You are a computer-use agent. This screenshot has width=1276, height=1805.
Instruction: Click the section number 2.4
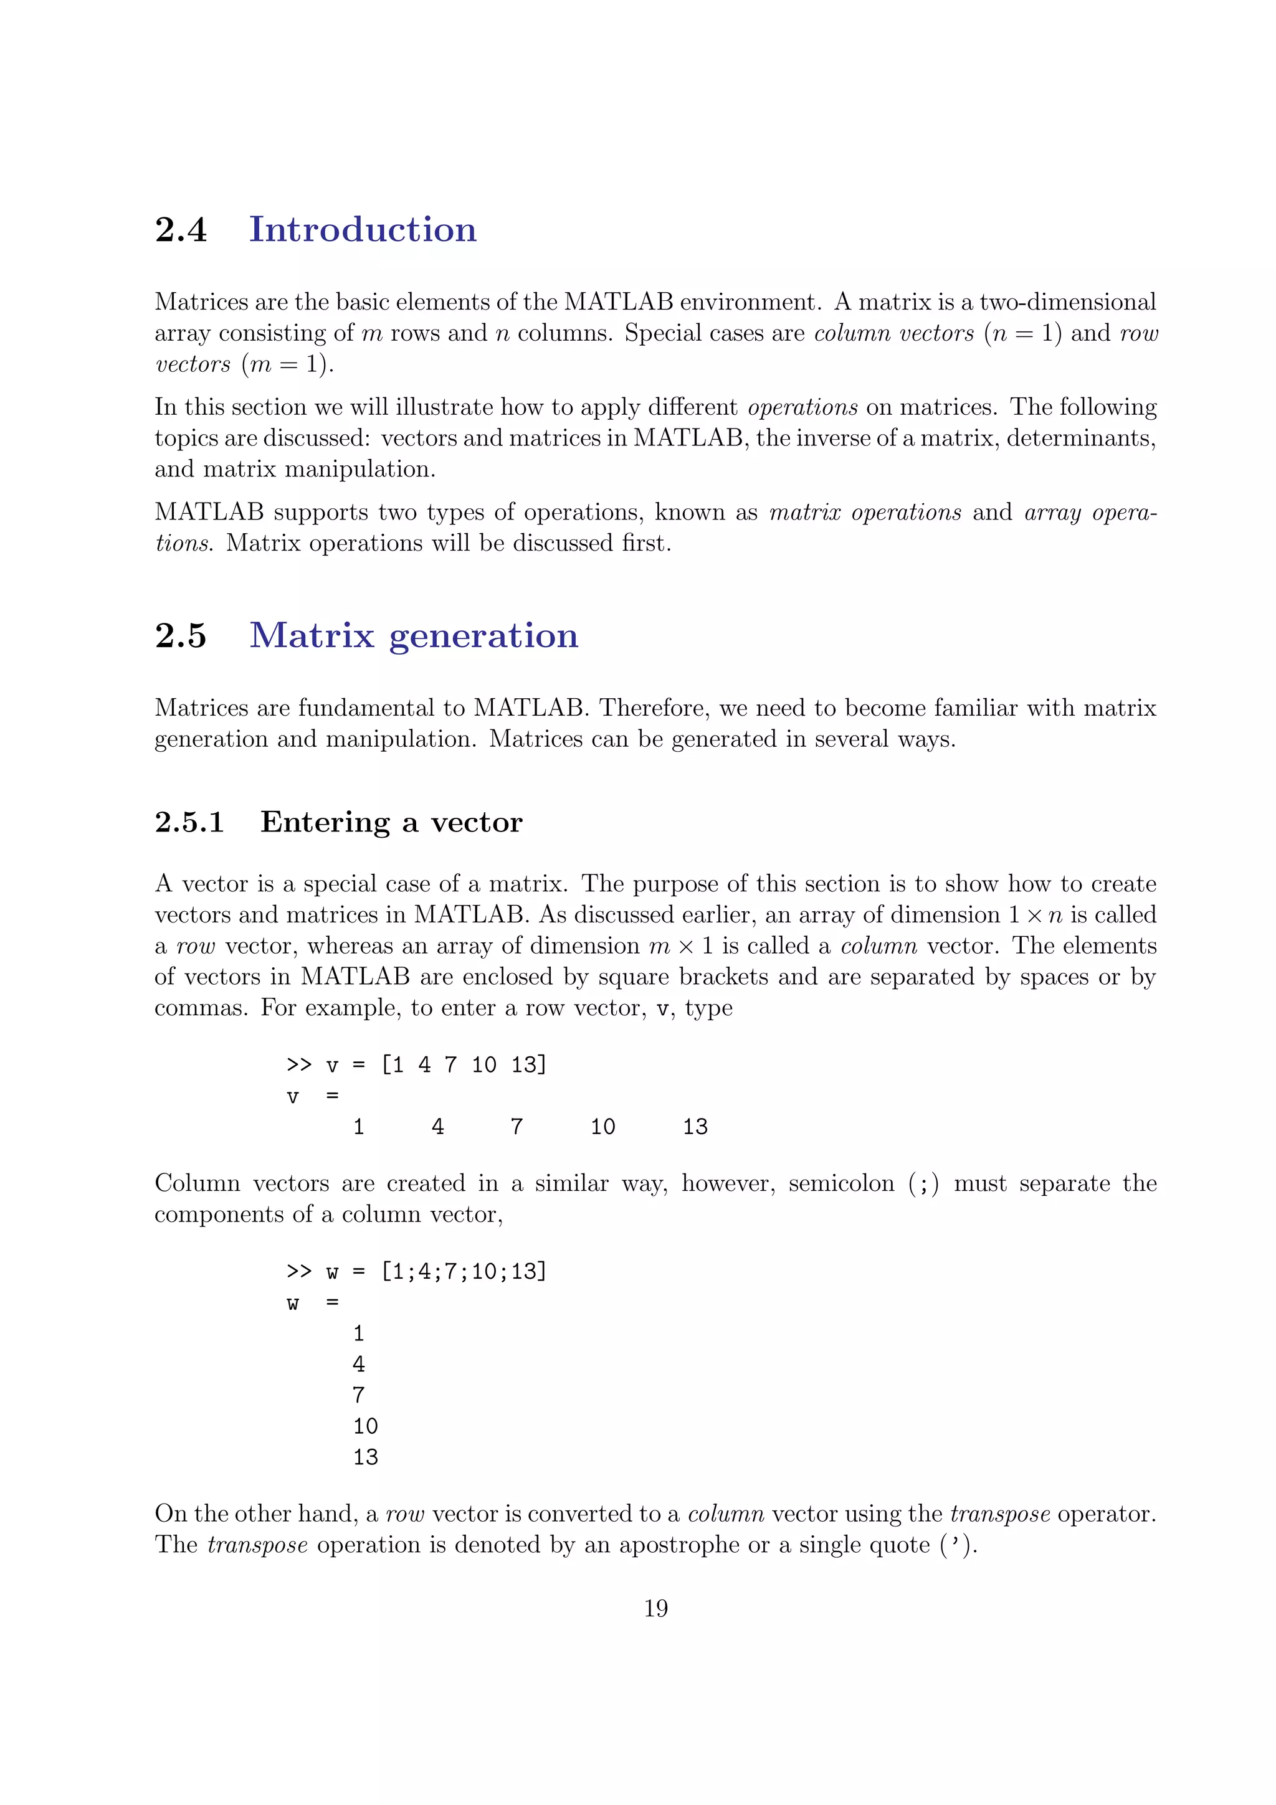[180, 230]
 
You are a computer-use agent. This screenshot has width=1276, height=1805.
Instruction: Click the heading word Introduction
[363, 230]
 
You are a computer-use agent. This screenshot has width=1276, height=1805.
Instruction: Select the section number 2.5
[180, 635]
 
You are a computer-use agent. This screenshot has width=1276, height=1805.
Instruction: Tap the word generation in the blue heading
[483, 637]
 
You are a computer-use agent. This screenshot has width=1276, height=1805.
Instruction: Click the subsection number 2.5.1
[189, 822]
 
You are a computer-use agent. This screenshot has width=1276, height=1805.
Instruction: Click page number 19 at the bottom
[655, 1608]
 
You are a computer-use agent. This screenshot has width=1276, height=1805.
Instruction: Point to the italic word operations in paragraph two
[802, 407]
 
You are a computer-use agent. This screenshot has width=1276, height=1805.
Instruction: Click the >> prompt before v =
[299, 1065]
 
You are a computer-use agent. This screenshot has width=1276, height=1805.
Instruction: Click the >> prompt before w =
[299, 1271]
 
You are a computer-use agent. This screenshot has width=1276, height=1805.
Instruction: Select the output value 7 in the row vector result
[517, 1127]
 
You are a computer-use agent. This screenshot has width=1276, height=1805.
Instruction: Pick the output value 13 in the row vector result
[695, 1127]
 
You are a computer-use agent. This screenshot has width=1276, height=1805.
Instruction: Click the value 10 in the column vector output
[365, 1426]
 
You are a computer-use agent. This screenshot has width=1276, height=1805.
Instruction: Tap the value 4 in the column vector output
[358, 1364]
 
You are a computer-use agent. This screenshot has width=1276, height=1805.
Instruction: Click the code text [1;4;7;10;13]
[463, 1271]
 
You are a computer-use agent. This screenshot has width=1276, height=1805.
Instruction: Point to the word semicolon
[840, 1183]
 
